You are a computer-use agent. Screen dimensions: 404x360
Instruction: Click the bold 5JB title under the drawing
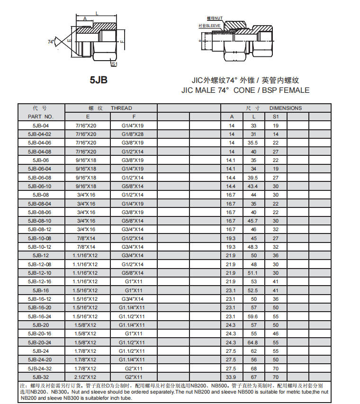point(99,80)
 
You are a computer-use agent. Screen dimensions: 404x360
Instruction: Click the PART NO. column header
point(40,117)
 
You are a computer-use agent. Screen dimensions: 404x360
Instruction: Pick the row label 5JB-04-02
point(40,134)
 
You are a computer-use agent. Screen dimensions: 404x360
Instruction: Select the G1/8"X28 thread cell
point(134,134)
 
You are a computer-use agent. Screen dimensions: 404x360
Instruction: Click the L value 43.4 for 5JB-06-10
point(254,186)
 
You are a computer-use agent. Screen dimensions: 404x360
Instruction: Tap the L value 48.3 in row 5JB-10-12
point(254,247)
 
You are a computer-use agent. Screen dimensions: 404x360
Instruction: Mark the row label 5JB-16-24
point(40,316)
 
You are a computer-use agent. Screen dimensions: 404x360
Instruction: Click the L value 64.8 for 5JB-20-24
point(254,342)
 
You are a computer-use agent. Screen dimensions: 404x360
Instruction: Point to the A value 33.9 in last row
point(232,377)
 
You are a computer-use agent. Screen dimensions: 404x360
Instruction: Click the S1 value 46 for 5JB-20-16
point(276,334)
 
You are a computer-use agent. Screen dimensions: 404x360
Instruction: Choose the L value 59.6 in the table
point(254,316)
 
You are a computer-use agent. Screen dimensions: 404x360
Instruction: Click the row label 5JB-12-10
point(40,273)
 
